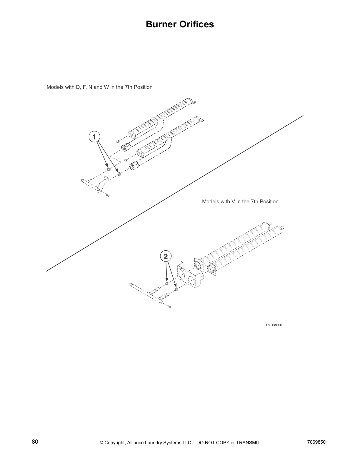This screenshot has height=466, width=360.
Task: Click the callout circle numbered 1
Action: [x=94, y=137]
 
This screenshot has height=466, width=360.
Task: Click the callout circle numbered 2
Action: [x=166, y=256]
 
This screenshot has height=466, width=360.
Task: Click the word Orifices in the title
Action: [x=197, y=24]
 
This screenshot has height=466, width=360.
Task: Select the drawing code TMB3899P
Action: [x=274, y=325]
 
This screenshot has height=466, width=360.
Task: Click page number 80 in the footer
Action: [x=35, y=442]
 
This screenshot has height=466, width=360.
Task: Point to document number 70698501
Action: [x=317, y=442]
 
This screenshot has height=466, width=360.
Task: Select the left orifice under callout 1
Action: [x=109, y=170]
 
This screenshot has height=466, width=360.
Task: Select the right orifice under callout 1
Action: [x=119, y=174]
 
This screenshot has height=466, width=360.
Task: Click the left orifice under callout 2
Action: [x=167, y=283]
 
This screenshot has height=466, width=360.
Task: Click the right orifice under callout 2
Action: [x=176, y=290]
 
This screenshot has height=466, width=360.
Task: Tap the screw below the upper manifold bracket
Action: [x=107, y=194]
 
